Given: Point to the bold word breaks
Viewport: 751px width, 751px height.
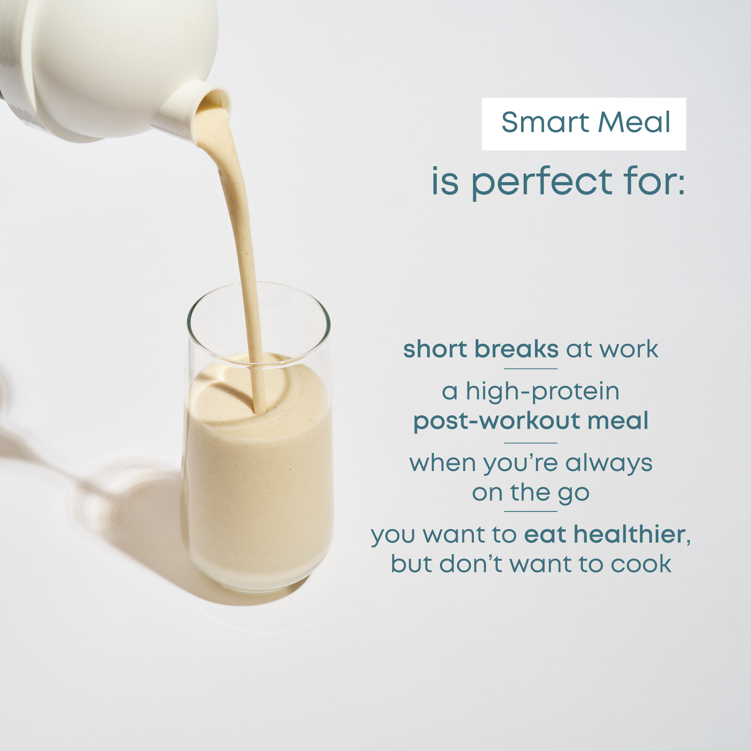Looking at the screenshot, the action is (x=517, y=349).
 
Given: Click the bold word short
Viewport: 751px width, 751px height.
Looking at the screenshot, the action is (x=435, y=349).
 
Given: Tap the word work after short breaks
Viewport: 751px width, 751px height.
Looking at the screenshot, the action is (x=629, y=349).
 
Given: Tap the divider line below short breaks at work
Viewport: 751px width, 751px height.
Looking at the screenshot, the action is (x=530, y=369).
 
